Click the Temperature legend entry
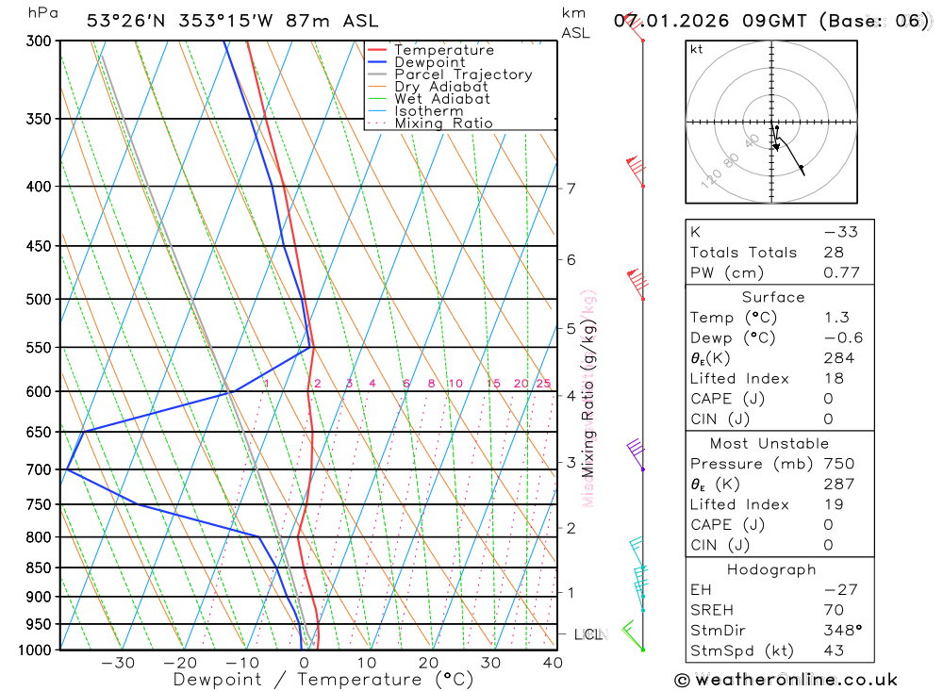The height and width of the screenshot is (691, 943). (443, 50)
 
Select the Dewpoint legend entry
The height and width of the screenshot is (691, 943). (429, 62)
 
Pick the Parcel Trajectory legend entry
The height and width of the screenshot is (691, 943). (463, 74)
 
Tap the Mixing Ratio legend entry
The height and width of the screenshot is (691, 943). (443, 123)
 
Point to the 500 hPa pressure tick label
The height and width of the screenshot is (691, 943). (38, 300)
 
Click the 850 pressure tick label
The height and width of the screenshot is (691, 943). (38, 568)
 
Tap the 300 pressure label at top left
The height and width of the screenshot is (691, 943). (38, 41)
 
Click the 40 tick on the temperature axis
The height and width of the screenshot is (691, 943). (552, 664)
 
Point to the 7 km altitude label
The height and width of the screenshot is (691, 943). (571, 189)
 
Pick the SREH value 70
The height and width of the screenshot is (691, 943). (834, 610)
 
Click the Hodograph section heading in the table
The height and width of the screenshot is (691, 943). (772, 569)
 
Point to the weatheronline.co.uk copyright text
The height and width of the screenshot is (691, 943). (786, 680)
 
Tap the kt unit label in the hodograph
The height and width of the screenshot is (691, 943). (697, 49)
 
